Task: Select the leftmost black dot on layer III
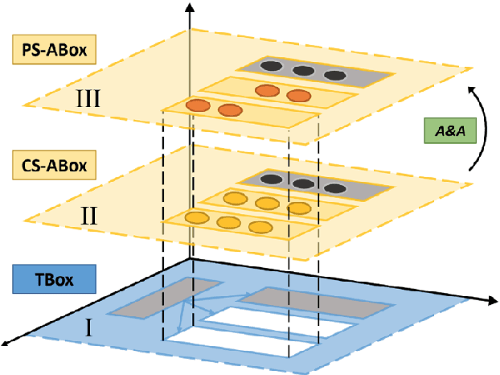272,68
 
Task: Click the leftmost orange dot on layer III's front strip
196,105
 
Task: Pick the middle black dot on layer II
303,183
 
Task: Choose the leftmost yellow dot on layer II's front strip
196,217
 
